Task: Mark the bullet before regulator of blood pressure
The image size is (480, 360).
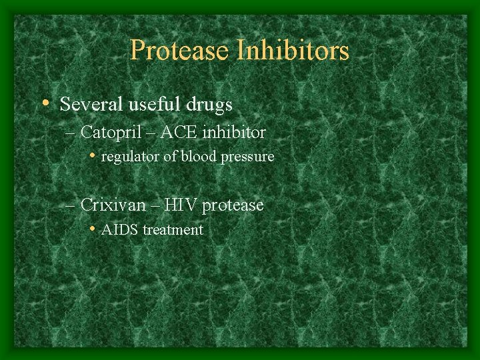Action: pyautogui.click(x=93, y=156)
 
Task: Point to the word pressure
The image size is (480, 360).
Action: pyautogui.click(x=247, y=157)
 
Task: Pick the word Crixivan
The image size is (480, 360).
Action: pyautogui.click(x=111, y=205)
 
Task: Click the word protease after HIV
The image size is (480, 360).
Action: pyautogui.click(x=233, y=205)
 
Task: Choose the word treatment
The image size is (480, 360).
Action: pyautogui.click(x=173, y=230)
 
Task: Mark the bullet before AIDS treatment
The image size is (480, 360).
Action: pyautogui.click(x=93, y=229)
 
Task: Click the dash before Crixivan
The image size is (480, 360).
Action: pyautogui.click(x=71, y=205)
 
